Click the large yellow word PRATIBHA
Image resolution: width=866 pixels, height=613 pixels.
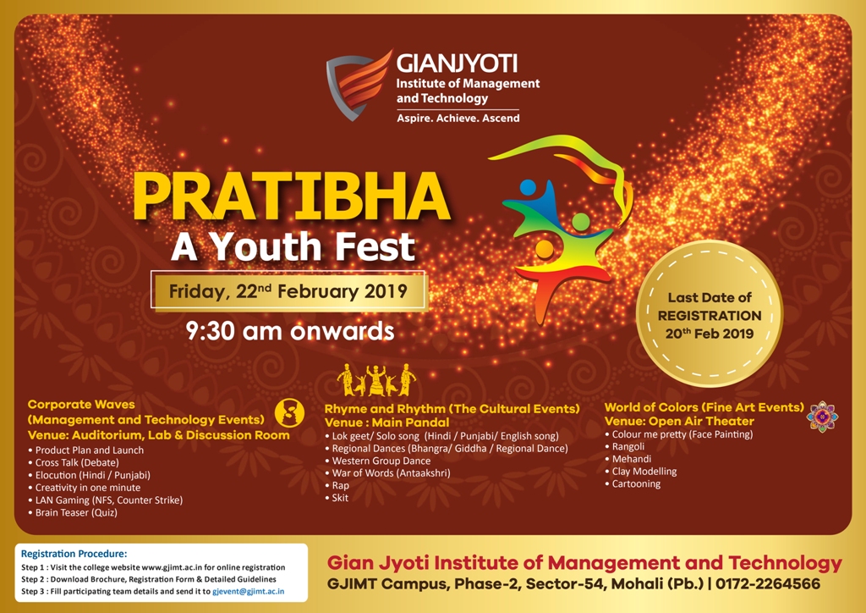coord(291,196)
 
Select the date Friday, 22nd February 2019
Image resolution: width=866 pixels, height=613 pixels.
coord(288,291)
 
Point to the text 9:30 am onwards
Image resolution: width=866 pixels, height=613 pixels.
coord(290,331)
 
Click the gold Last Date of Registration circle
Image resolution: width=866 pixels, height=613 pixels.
coord(710,313)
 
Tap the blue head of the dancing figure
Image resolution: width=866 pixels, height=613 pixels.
coord(528,188)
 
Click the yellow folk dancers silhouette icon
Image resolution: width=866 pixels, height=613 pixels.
coord(376,380)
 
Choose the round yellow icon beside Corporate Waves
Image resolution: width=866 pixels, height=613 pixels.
coord(289,412)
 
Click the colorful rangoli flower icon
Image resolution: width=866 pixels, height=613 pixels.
coord(822,417)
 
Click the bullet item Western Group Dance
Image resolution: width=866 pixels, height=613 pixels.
coord(378,461)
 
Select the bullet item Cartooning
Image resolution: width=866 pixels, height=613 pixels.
coord(633,483)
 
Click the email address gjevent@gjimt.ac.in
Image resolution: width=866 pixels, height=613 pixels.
coord(249,591)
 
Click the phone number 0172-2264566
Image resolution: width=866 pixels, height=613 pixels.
coord(768,583)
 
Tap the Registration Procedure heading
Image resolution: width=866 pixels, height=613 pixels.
coord(74,553)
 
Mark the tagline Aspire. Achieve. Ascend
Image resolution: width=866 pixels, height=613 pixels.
coord(458,118)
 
